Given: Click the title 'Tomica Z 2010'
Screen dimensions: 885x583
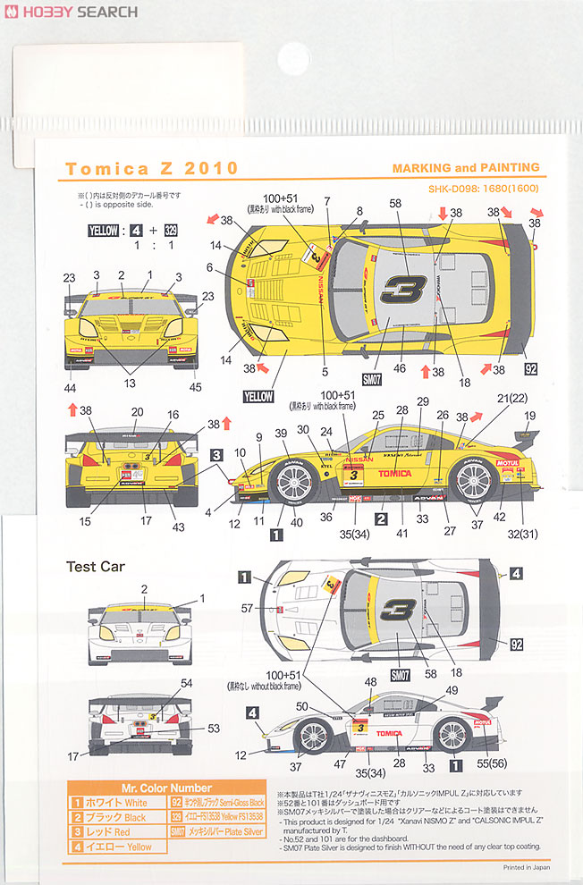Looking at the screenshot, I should (152, 168).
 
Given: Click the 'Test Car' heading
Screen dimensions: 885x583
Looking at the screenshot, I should (96, 566).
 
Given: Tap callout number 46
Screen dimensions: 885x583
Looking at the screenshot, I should (400, 367).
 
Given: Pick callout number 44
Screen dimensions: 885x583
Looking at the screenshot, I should (71, 387).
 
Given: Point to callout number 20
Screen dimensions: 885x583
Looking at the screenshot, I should (137, 413).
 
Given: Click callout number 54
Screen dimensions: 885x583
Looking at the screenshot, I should (187, 683).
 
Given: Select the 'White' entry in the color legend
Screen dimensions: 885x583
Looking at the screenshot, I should (112, 803).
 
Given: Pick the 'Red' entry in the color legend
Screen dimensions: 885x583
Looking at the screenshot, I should (112, 832).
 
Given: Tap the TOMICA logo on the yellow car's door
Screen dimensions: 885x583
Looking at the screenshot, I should (394, 473).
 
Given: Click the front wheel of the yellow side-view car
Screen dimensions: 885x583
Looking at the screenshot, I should (292, 483).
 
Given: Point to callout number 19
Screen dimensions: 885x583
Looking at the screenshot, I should (529, 415).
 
